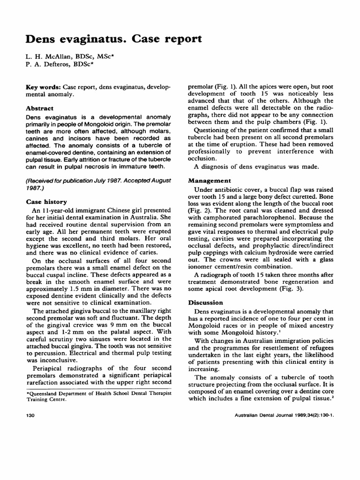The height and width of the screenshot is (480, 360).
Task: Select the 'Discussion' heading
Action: tap(206, 302)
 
